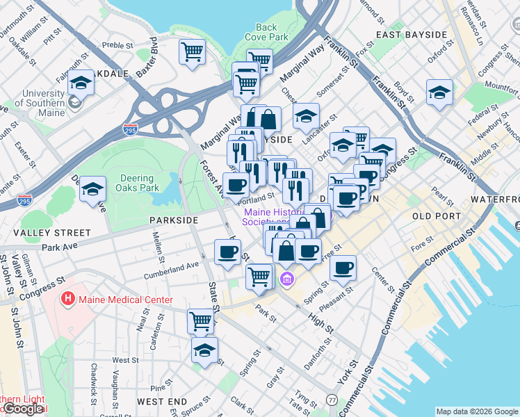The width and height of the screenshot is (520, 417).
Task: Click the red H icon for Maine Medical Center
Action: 68,300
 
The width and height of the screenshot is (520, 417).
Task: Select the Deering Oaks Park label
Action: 140,183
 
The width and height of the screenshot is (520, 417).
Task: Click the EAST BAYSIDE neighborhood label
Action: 410,35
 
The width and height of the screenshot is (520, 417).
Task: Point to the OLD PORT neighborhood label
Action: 436,216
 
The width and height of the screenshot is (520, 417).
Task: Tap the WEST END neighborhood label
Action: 161,402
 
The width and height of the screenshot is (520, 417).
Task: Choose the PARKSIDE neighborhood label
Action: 174,220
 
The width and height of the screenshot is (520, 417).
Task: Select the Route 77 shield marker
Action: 332,400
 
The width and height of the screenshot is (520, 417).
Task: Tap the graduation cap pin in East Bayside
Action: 439,92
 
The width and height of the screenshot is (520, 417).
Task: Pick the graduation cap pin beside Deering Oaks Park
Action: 92,188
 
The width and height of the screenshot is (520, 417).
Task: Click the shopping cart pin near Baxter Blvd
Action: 191,51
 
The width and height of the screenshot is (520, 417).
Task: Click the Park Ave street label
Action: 58,247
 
